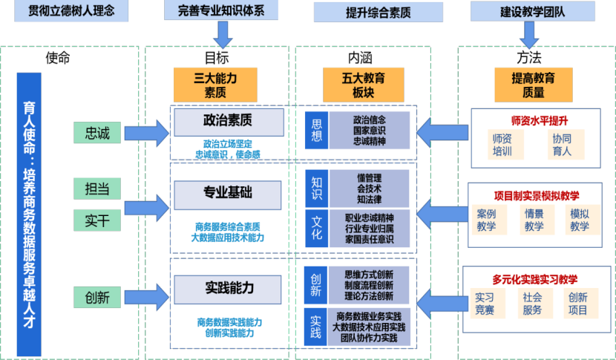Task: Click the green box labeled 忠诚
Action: (97, 134)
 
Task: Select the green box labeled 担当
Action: (97, 189)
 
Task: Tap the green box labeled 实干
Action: (97, 220)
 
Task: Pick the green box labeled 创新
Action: (97, 298)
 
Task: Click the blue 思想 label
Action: (317, 131)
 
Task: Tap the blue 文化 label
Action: (317, 228)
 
